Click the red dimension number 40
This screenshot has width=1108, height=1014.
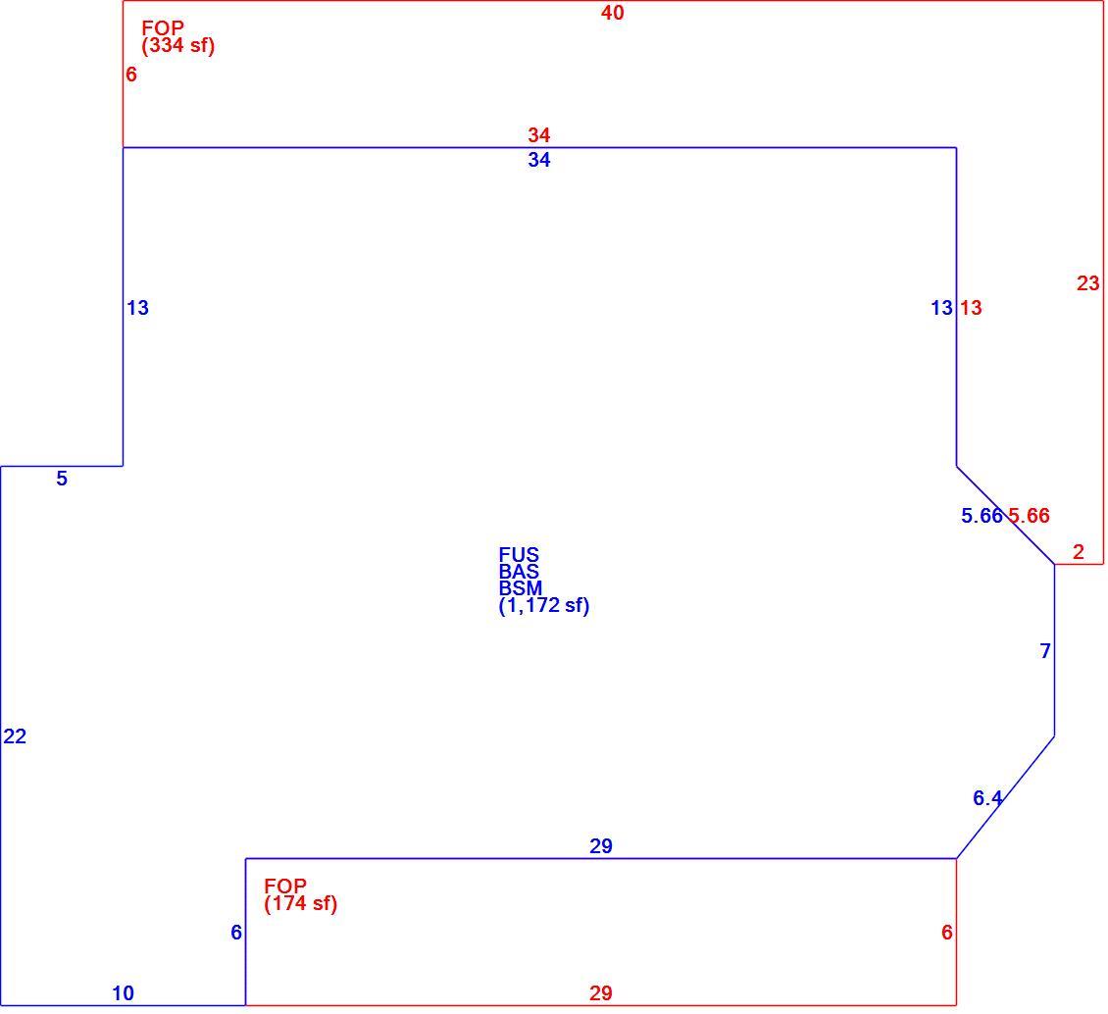click(x=613, y=13)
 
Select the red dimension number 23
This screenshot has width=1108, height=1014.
click(x=1088, y=283)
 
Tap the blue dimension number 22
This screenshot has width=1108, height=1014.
click(x=15, y=736)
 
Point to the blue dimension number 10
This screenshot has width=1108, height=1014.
click(x=123, y=993)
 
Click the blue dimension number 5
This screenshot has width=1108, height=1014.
click(x=62, y=479)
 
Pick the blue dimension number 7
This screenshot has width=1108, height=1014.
click(x=1046, y=651)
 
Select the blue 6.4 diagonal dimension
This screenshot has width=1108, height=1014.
click(x=987, y=798)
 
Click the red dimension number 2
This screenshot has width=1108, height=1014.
click(x=1079, y=552)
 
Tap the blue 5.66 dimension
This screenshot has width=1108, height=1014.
click(x=982, y=516)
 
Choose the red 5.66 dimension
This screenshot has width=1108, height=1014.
click(x=1029, y=516)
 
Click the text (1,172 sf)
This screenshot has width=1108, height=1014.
click(x=544, y=606)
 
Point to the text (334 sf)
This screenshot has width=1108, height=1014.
click(x=178, y=45)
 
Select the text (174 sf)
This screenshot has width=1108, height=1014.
click(x=301, y=903)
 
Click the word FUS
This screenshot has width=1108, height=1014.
click(x=519, y=555)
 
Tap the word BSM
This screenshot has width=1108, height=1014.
click(x=521, y=588)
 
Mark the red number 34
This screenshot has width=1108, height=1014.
click(x=539, y=135)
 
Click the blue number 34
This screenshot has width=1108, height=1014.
click(x=539, y=160)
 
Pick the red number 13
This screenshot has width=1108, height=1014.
click(x=971, y=308)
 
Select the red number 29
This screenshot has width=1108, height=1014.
click(x=601, y=993)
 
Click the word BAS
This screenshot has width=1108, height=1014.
click(x=519, y=572)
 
